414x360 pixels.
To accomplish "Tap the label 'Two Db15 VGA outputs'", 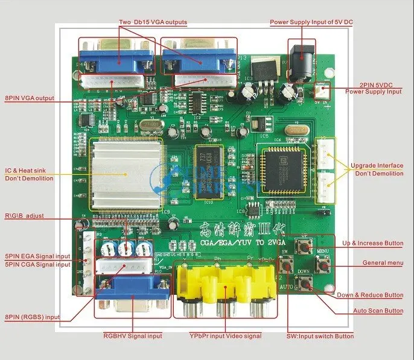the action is coord(152,22).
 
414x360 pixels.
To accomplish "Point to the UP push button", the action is coord(305,247).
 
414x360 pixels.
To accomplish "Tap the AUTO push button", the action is coord(285,279).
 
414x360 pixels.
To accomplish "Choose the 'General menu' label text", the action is coord(383,263).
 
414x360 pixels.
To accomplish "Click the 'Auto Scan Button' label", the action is coord(378,311).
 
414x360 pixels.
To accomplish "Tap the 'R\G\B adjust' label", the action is coord(25,215).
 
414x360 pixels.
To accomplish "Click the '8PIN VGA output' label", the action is coord(30,98).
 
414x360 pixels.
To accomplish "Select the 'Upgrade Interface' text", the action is coord(377,165).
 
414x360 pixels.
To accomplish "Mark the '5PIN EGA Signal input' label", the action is coord(37,256).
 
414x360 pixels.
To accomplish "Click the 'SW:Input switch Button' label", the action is coord(320,336).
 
